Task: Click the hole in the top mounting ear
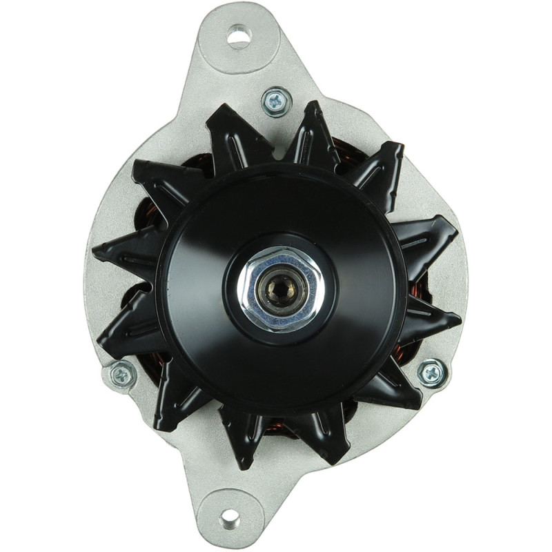tap(239, 35)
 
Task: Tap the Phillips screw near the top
tap(276, 101)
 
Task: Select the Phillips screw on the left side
tap(122, 374)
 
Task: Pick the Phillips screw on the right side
tap(432, 373)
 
